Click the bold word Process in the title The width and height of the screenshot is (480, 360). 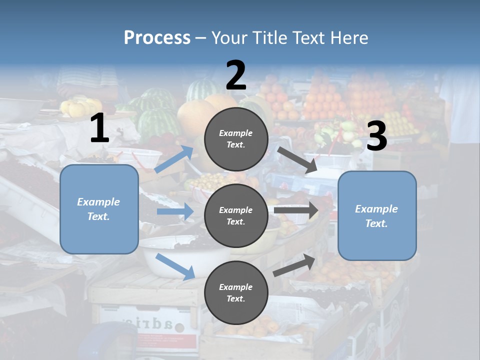(157, 37)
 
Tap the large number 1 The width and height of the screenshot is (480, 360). (99, 128)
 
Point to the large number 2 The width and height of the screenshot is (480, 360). (236, 75)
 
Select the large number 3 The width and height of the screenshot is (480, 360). (377, 136)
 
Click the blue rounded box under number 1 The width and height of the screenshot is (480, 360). (99, 209)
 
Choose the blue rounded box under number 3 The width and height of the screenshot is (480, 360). (377, 215)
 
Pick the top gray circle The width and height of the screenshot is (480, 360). (236, 138)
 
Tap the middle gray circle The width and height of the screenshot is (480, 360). (236, 215)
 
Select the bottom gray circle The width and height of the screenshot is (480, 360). (236, 292)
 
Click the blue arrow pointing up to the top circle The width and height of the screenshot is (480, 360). (174, 159)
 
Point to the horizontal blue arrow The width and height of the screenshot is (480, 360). (175, 212)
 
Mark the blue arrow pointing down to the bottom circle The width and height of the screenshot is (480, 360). (175, 266)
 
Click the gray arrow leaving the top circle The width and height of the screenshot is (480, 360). (297, 159)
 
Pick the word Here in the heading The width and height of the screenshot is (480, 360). (349, 37)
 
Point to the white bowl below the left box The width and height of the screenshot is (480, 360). (175, 260)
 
